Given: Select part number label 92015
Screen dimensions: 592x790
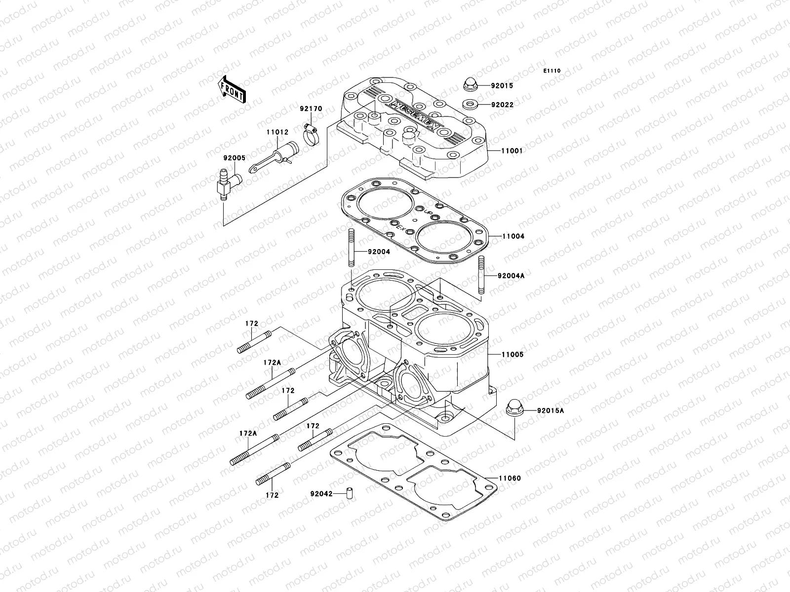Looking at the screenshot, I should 515,86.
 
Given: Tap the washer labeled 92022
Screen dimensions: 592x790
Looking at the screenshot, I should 469,105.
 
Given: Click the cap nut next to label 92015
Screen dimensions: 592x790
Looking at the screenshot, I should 470,85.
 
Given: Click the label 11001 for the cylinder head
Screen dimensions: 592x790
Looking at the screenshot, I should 512,151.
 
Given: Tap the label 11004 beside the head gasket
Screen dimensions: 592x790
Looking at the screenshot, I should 513,236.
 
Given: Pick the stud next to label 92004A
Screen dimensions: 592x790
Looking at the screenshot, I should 481,276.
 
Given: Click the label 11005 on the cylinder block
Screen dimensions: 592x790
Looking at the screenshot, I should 512,355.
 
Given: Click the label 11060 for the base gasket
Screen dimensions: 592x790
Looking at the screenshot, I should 510,478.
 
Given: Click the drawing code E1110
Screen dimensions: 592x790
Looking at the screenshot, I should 552,71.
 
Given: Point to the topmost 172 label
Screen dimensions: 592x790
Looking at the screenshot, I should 252,324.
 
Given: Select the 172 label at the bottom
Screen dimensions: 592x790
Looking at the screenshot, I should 272,495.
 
